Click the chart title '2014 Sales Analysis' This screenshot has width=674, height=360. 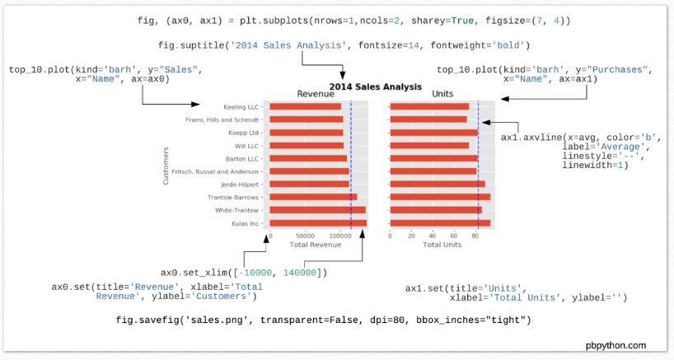pos(376,86)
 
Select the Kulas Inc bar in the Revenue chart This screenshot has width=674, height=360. pos(318,222)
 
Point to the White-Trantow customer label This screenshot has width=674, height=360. pos(240,210)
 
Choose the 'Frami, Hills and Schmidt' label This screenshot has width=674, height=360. pos(224,119)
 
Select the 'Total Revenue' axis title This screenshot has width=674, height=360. pos(315,245)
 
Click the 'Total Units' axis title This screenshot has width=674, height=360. pos(442,245)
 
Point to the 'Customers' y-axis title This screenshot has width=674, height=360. pos(166,165)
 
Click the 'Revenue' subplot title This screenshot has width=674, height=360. pos(316,95)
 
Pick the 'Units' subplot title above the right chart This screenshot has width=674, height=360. pos(442,95)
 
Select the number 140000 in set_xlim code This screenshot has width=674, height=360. pos(303,273)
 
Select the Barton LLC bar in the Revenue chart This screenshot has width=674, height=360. pos(308,158)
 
